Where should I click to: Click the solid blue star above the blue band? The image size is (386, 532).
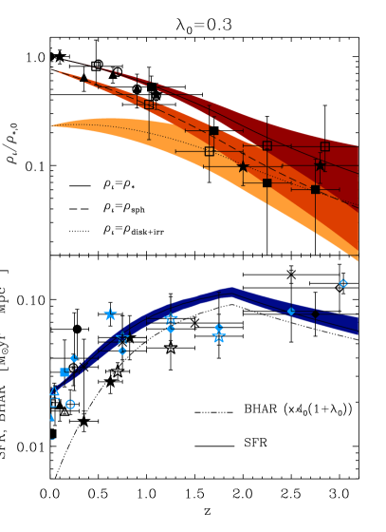tap(110, 314)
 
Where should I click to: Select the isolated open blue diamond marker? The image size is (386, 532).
tap(343, 283)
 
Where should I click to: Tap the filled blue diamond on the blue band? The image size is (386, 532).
tap(291, 311)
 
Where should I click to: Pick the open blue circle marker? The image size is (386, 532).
tap(70, 404)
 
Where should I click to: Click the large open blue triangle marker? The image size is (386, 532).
tap(54, 391)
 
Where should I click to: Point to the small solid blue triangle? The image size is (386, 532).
tap(52, 418)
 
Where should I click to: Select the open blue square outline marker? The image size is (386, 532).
tap(54, 403)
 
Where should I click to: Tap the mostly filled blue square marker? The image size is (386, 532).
tap(64, 372)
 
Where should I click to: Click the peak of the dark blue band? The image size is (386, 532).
tap(230, 291)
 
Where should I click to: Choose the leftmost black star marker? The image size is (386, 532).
tap(243, 167)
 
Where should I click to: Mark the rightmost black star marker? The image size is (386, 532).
tap(320, 166)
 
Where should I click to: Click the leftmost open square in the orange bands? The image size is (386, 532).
tap(149, 104)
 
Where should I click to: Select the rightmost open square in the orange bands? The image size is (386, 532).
tap(324, 146)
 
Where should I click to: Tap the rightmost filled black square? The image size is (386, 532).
tap(315, 189)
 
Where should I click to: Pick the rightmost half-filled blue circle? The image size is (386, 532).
tap(218, 328)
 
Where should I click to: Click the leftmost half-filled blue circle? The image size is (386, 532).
tap(74, 358)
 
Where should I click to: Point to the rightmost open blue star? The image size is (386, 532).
tap(219, 337)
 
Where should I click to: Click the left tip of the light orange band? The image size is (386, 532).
tap(52, 124)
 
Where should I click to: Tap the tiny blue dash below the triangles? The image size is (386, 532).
tap(53, 439)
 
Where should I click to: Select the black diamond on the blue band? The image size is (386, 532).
tap(315, 313)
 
